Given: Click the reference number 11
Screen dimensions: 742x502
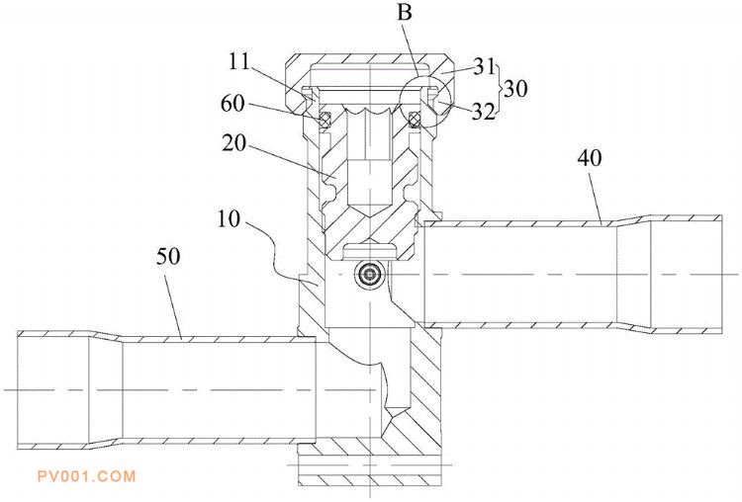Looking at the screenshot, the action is pos(239,62).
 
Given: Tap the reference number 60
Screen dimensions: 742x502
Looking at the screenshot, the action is pos(232,104).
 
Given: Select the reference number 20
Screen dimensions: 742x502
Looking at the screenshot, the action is pos(234,142).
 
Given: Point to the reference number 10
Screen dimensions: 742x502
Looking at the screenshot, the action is pos(230,218).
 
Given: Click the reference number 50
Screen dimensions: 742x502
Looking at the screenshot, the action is pos(168,257).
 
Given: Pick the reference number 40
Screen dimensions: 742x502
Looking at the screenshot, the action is pos(590,158).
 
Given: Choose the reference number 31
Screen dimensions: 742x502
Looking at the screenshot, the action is pos(485,66).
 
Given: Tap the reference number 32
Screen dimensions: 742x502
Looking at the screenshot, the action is pos(484,112).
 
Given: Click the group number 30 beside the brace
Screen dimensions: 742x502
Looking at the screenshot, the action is pos(515,88).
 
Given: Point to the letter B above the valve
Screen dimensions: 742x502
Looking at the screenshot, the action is pos(405,12).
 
